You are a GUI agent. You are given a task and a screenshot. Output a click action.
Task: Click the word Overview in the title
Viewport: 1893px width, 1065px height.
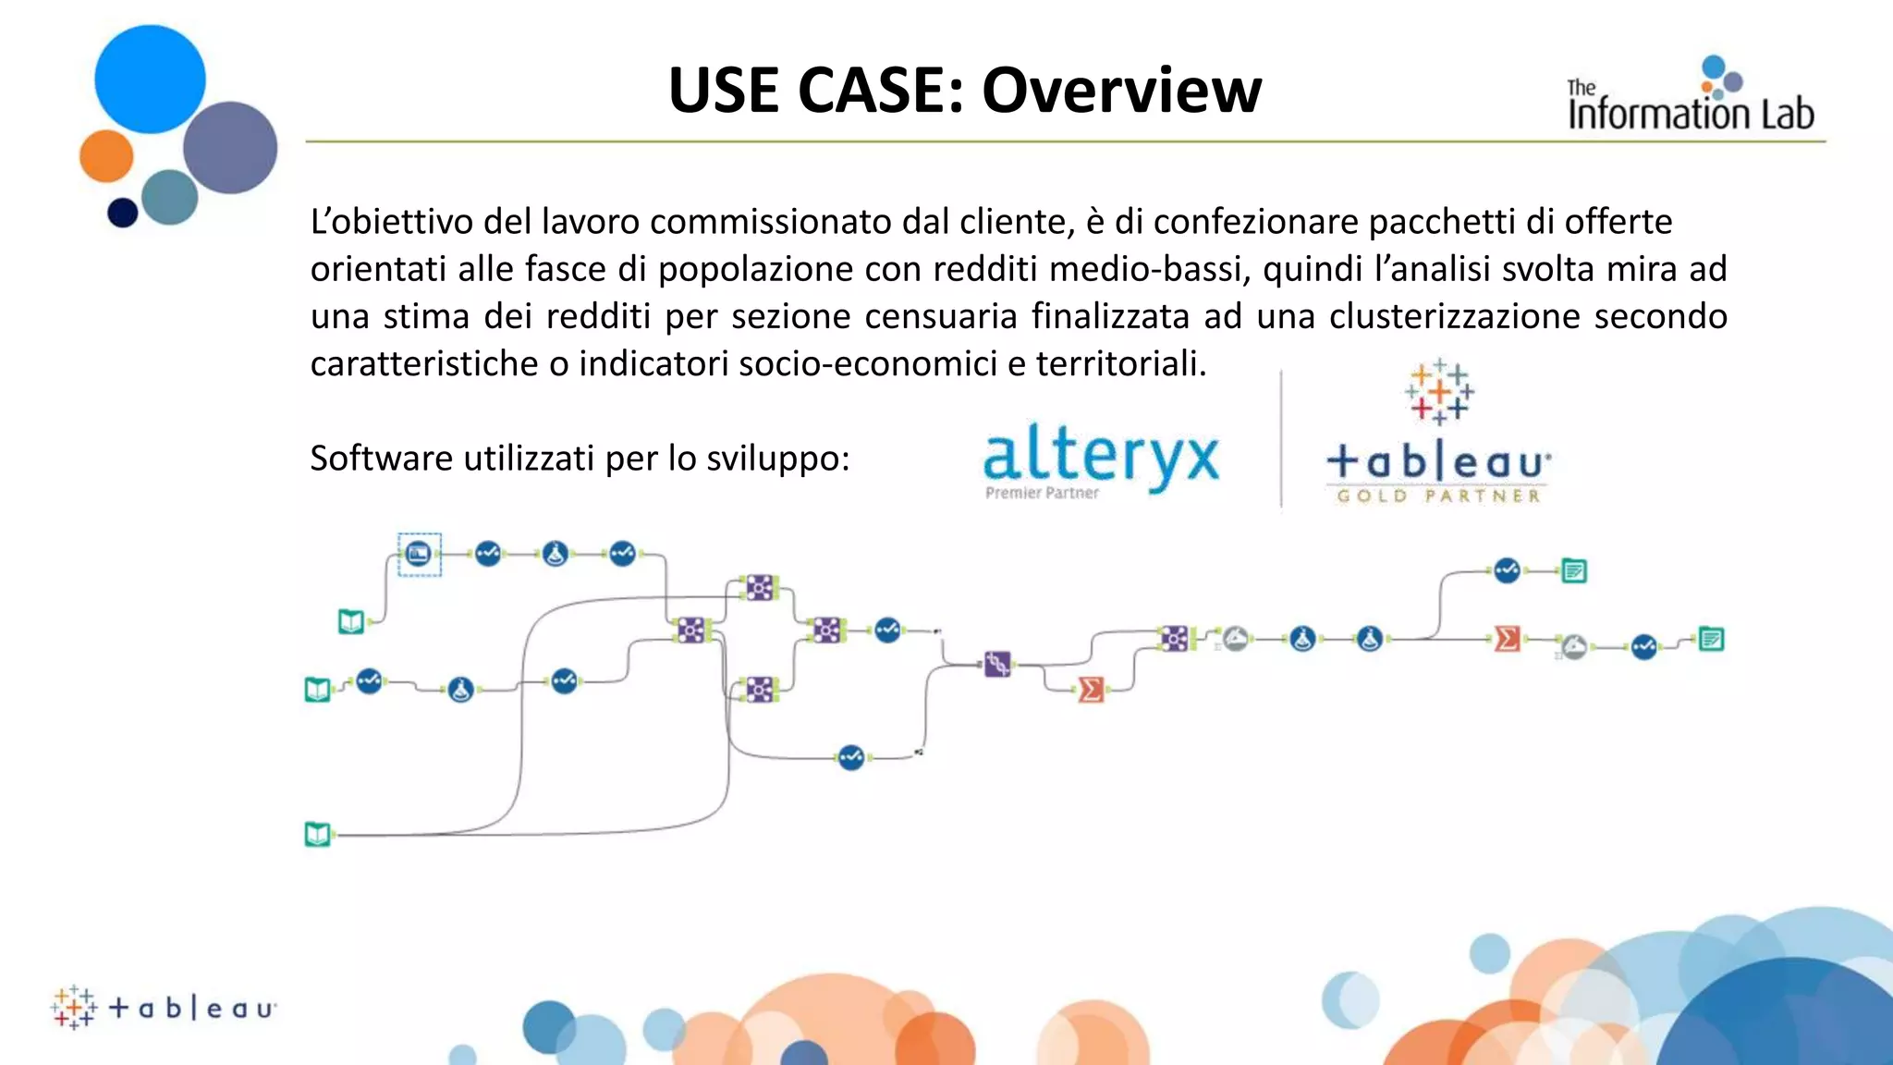pos(1121,91)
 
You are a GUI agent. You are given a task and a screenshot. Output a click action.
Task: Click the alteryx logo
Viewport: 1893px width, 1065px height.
pos(1101,457)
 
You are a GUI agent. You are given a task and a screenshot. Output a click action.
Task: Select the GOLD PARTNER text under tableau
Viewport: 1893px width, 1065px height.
pos(1438,496)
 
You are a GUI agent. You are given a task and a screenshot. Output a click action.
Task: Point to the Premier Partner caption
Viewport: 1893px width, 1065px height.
pos(1042,494)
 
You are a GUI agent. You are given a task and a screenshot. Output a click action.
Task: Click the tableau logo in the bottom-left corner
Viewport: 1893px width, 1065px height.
pos(165,1007)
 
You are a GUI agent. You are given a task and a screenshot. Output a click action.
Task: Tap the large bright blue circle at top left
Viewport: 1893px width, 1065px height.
pos(150,80)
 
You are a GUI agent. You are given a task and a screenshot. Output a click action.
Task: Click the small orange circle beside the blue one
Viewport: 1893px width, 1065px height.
pos(106,156)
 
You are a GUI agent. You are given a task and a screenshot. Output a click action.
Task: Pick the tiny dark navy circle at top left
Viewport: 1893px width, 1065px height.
pos(123,213)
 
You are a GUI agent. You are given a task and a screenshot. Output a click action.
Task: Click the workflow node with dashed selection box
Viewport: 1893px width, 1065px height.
pos(419,555)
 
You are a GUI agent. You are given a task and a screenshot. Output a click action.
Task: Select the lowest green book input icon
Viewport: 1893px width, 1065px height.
pos(318,835)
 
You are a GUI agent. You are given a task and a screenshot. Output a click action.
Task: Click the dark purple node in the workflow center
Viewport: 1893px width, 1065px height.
pos(997,664)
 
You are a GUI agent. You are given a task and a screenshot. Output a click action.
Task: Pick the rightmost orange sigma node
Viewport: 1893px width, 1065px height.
pos(1507,639)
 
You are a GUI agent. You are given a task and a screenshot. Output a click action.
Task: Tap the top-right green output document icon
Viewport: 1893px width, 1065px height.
pos(1574,571)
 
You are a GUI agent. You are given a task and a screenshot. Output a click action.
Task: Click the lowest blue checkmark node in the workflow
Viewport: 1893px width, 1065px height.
pos(851,758)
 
